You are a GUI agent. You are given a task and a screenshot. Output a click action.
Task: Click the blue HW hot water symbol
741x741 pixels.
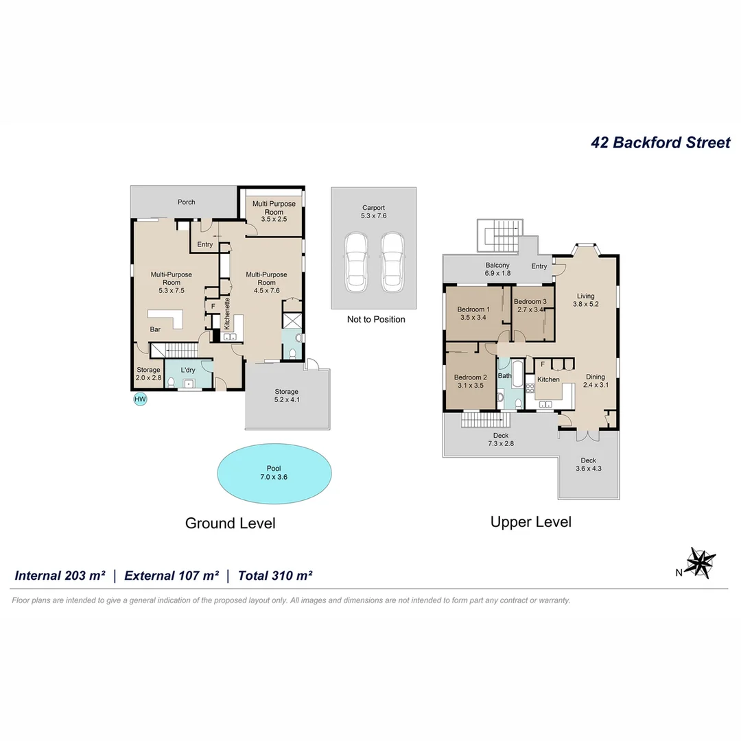click(x=141, y=399)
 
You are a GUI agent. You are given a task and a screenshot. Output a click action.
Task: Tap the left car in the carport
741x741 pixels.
click(x=356, y=262)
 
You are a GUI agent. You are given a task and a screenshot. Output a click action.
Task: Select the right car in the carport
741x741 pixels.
click(x=392, y=262)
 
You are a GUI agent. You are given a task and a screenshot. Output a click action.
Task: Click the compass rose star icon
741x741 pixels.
click(x=701, y=563)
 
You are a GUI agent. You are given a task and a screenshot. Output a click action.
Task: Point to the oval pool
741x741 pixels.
click(x=274, y=473)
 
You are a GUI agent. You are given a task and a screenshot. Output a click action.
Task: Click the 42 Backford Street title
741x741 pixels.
click(x=660, y=142)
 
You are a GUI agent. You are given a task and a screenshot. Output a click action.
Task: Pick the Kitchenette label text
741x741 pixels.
click(x=227, y=314)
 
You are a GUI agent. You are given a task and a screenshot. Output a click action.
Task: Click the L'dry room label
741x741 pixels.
click(x=187, y=370)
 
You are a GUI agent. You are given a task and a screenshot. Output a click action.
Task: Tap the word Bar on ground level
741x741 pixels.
click(x=155, y=329)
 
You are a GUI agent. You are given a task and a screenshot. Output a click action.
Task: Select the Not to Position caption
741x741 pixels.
click(x=376, y=320)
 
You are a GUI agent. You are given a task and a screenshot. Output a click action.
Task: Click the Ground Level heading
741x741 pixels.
click(x=230, y=523)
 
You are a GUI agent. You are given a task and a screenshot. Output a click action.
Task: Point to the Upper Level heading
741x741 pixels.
click(x=530, y=521)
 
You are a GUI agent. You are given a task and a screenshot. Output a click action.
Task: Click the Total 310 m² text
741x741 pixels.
click(x=275, y=576)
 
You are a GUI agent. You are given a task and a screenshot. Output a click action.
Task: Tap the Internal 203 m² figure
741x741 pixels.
click(x=60, y=576)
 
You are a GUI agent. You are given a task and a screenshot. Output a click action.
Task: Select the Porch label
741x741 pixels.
click(x=186, y=202)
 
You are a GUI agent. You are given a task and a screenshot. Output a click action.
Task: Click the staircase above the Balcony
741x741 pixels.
click(x=500, y=235)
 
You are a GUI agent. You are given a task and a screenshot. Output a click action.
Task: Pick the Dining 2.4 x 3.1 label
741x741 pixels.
click(x=596, y=381)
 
